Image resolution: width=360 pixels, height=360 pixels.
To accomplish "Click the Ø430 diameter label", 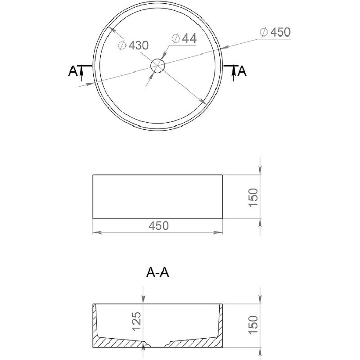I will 133,45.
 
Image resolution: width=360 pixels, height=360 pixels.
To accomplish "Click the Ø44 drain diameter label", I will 183,38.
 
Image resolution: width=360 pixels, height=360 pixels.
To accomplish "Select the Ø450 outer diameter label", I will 275,32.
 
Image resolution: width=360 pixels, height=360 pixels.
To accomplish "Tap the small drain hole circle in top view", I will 157,65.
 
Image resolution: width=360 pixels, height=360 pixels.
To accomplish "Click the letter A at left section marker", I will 73,71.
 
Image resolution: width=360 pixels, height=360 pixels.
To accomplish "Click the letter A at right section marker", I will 242,71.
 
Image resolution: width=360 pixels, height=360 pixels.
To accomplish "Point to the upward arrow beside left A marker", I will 81,74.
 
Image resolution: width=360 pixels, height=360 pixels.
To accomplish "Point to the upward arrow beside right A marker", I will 235,74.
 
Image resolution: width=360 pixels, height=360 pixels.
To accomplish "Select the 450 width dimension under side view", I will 158,226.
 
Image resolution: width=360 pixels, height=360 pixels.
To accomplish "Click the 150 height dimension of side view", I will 254,197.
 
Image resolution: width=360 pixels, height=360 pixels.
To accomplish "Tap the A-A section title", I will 157,273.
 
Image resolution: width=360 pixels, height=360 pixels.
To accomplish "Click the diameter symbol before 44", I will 174,38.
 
